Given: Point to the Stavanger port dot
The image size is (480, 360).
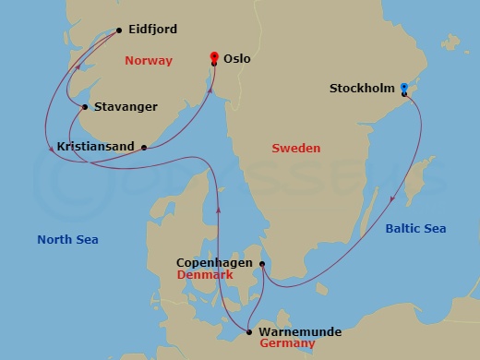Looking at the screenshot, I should pyautogui.click(x=85, y=107).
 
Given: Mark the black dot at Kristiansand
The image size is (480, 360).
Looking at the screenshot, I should pyautogui.click(x=144, y=146).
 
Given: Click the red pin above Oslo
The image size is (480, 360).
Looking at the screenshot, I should pyautogui.click(x=215, y=54).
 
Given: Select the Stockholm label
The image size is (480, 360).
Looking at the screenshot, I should pyautogui.click(x=362, y=90).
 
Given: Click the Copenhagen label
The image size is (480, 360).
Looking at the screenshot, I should pyautogui.click(x=215, y=263).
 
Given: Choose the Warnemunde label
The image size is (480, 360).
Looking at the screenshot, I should pyautogui.click(x=300, y=331).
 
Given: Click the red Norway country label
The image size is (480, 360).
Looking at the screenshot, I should pyautogui.click(x=148, y=60).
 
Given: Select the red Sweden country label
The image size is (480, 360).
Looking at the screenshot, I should pyautogui.click(x=295, y=148).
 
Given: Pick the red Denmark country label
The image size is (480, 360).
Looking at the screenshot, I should pyautogui.click(x=204, y=276).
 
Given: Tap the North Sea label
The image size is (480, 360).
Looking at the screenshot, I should pyautogui.click(x=67, y=240).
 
